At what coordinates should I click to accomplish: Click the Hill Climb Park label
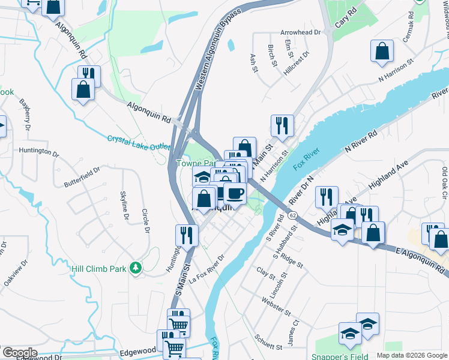tap(99, 269)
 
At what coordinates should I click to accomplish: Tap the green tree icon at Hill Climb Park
tap(136, 268)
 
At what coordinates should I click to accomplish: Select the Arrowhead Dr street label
tap(301, 32)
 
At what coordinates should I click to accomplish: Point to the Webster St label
tap(276, 305)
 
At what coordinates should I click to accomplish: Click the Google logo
tap(19, 352)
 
